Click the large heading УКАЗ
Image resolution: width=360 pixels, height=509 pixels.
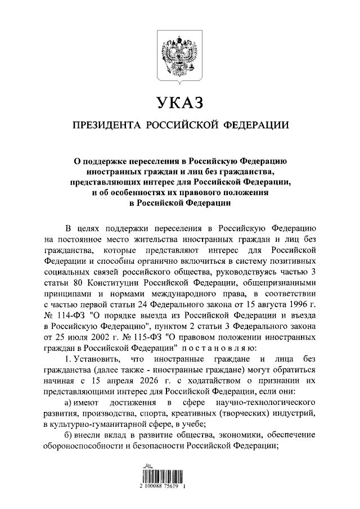coord(180,103)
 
